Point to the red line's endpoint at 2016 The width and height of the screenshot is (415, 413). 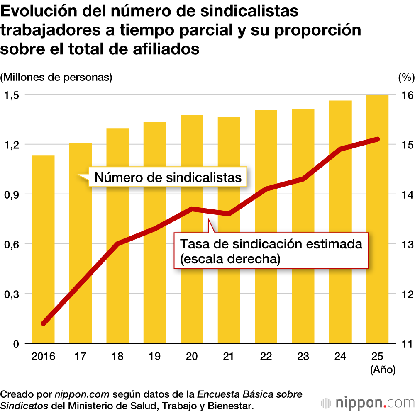coord(44,323)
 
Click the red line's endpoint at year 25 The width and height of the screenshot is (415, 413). coord(377,139)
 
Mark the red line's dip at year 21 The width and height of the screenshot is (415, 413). coord(229,214)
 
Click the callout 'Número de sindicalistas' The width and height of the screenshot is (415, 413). coord(168,177)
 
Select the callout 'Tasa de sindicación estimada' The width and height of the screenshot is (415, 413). coord(271,251)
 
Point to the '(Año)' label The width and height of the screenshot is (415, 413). coord(383,370)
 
